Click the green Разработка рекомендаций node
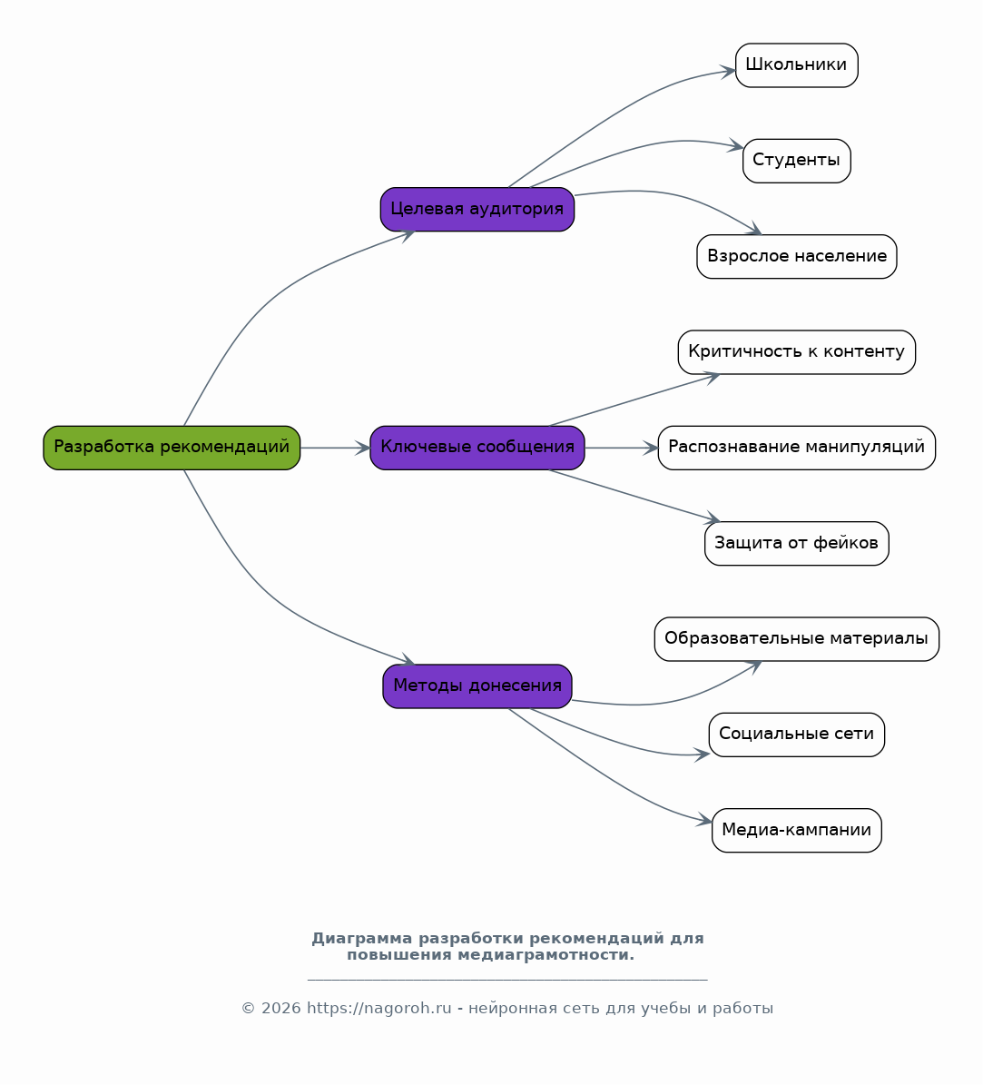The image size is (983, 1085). click(x=172, y=448)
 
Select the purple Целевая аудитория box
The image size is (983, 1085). click(x=477, y=209)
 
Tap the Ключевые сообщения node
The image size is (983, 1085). click(x=477, y=448)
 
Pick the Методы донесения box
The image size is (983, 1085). click(x=477, y=686)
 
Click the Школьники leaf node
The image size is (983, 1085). click(x=796, y=65)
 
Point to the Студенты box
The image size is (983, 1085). click(x=796, y=161)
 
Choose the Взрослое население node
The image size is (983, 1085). click(x=796, y=257)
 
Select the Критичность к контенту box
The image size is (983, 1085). click(x=796, y=352)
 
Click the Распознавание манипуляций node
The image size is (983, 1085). click(x=796, y=448)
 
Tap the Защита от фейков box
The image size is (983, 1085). click(x=796, y=543)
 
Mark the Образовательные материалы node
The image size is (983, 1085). click(x=796, y=638)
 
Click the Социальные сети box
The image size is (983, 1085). click(x=796, y=735)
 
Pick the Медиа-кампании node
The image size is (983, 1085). click(x=796, y=830)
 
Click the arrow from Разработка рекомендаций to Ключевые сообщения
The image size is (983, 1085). click(x=336, y=448)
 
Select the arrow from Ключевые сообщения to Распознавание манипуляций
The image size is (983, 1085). click(x=621, y=448)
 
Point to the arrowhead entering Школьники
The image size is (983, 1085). click(x=729, y=71)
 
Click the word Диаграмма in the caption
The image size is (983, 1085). click(x=362, y=938)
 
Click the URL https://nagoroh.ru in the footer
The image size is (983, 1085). click(x=379, y=1008)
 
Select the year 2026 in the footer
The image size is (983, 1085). click(x=280, y=1008)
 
